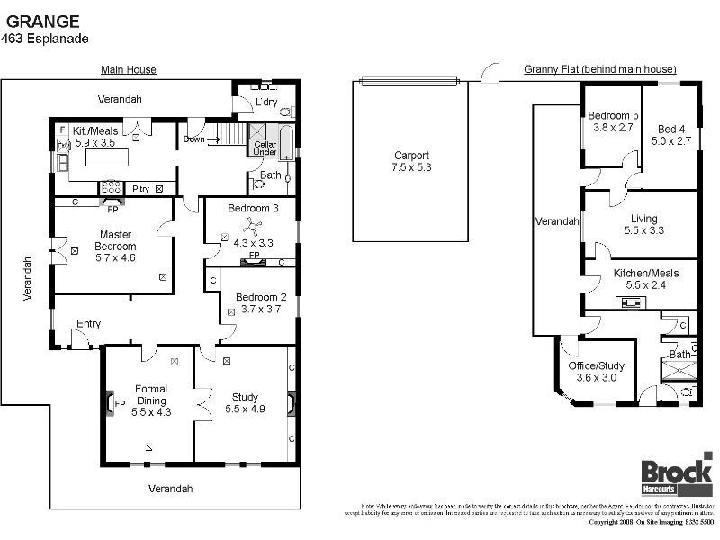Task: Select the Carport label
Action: point(412,155)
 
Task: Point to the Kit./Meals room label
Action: point(95,131)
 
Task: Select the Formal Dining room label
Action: point(150,394)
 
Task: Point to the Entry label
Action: point(88,324)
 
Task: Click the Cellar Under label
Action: point(265,148)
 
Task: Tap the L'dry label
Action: point(266,103)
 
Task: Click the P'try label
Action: point(140,189)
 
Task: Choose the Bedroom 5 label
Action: point(613,115)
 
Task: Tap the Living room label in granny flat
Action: point(643,219)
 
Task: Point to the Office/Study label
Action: point(596,366)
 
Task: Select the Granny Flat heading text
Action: point(599,69)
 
